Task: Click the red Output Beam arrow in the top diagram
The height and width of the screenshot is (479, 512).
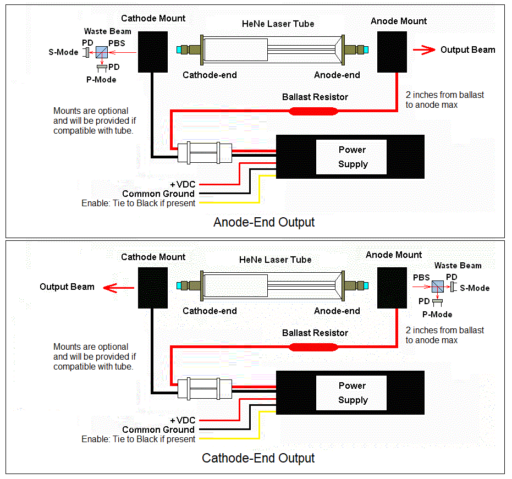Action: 423,50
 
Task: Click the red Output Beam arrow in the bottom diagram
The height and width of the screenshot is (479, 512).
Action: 115,287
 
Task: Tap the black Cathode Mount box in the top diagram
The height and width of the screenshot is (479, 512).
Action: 152,52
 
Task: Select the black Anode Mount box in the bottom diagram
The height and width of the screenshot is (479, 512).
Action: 392,288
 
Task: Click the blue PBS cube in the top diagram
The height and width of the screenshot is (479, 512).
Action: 101,53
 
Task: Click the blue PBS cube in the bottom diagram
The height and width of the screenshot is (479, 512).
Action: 438,287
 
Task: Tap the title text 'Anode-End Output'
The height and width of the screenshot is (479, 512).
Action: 264,223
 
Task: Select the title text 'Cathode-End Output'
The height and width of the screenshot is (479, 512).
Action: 258,458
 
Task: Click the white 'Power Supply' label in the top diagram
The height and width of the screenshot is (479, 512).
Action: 352,157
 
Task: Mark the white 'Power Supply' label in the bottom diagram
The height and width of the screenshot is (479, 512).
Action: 352,393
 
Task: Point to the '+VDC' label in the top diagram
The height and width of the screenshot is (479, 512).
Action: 183,184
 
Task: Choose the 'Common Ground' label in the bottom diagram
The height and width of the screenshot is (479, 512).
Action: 158,430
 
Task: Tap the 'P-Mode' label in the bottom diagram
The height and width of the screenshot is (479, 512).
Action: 437,315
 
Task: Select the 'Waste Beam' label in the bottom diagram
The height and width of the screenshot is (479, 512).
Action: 458,266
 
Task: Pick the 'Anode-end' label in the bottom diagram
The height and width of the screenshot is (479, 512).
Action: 337,311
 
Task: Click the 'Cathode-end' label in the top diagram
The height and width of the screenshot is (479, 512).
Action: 210,75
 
